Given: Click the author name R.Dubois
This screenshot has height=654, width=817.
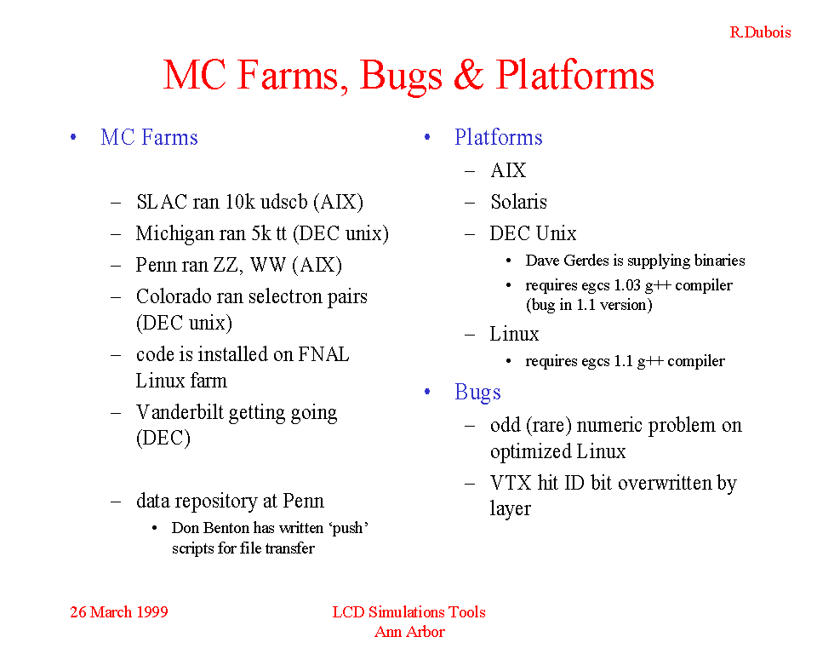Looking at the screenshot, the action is pos(760,32).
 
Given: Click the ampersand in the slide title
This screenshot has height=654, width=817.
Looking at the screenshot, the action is pos(469,75).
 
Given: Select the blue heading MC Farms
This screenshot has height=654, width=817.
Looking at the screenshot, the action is pos(149,138).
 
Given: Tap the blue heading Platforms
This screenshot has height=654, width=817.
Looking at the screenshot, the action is pos(498,138).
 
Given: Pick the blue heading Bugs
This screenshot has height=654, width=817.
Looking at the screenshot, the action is pos(477,393).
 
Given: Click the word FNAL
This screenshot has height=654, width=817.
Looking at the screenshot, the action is pos(323,354).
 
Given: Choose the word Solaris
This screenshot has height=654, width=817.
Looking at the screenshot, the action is pos(518,202).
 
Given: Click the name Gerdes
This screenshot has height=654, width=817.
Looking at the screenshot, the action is pos(586,261).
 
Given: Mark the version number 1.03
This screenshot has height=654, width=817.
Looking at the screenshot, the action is pos(627,285).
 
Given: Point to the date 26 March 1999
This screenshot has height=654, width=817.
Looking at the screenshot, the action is pos(119,611).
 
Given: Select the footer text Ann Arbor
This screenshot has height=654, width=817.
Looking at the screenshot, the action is pos(409,632).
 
